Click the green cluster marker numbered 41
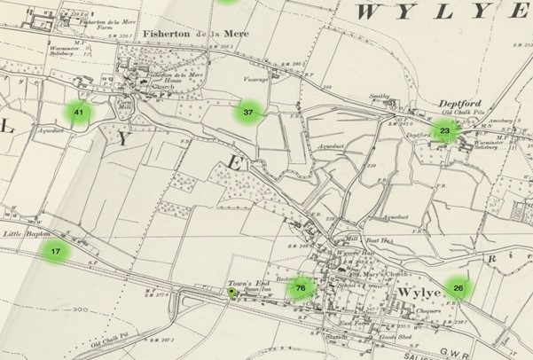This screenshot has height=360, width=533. pyautogui.click(x=79, y=113)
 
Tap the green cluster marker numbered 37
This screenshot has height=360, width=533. pyautogui.click(x=248, y=113)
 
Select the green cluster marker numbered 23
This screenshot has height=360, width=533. pyautogui.click(x=445, y=131)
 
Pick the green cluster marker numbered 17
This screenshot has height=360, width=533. pyautogui.click(x=55, y=251)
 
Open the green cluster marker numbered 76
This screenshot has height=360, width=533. pyautogui.click(x=302, y=288)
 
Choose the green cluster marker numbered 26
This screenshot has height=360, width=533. pyautogui.click(x=458, y=287)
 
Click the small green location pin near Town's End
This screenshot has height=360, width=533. pyautogui.click(x=232, y=293)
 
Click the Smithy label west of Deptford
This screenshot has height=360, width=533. pyautogui.click(x=380, y=95)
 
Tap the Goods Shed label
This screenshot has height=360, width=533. pyautogui.click(x=391, y=340)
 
